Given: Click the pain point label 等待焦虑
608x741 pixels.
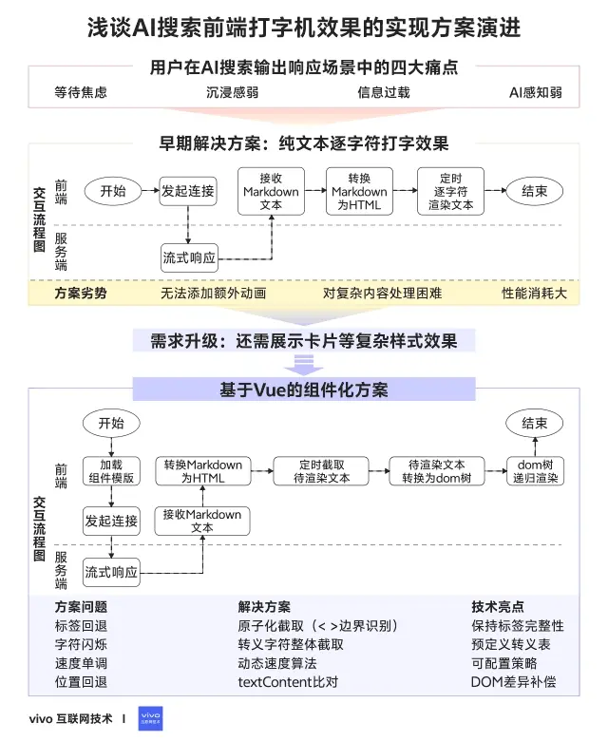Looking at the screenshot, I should point(81,92).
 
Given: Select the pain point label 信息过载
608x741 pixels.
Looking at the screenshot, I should point(383,92).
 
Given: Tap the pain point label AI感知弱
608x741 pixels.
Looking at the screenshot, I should point(535,92).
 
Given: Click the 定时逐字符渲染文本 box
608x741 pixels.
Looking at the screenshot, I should point(450,191).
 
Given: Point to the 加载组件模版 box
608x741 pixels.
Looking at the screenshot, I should point(111,471).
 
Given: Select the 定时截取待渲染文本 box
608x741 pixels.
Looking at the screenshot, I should point(321,471).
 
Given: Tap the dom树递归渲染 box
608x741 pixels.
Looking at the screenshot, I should point(534,471).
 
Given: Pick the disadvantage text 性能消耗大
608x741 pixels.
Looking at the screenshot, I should point(534,294).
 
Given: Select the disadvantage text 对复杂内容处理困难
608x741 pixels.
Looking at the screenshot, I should point(382,294).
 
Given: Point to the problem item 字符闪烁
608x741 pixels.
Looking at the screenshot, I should point(81,644).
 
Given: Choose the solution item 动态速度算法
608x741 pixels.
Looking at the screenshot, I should point(277,663).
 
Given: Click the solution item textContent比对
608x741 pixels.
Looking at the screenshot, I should point(287,682).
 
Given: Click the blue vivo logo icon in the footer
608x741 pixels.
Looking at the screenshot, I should point(151,719).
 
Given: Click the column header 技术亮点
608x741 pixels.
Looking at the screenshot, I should point(497,606).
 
